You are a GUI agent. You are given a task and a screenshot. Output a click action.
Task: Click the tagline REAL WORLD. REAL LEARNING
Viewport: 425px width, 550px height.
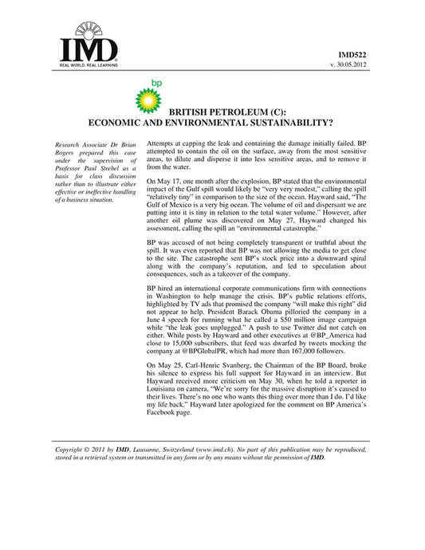[x=88, y=65]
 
